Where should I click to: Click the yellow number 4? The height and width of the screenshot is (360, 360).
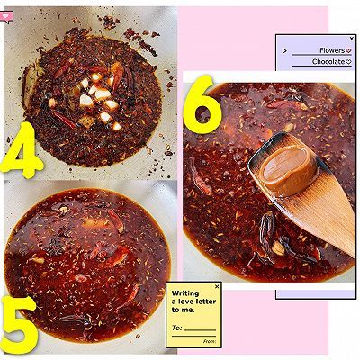(21, 150)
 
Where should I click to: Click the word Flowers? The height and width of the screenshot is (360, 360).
(332, 50)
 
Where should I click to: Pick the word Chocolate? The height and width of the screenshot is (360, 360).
(328, 61)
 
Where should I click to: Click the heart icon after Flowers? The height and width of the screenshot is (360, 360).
(348, 50)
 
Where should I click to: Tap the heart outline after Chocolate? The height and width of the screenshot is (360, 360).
(348, 62)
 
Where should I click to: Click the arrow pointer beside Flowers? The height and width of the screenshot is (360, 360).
(284, 51)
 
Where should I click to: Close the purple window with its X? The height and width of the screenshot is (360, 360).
(352, 39)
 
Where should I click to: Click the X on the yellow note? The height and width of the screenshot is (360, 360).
(217, 287)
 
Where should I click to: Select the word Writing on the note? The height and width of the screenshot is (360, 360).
(185, 293)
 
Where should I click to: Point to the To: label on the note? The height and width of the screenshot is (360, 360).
(177, 328)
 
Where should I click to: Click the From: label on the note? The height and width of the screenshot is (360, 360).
(210, 341)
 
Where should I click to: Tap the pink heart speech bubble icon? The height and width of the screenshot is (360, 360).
(6, 16)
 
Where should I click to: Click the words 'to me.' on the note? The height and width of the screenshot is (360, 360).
(183, 310)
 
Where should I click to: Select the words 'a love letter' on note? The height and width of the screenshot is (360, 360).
(193, 301)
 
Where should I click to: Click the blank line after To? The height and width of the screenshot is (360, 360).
(200, 330)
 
